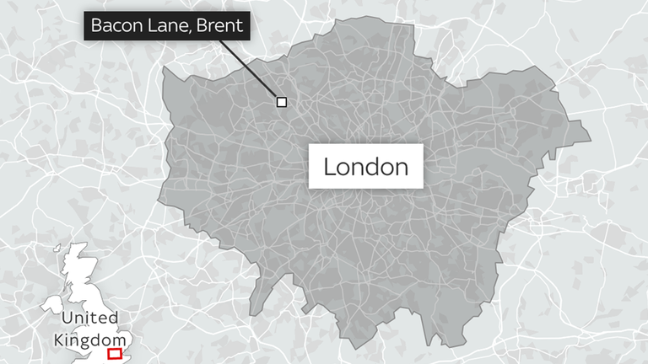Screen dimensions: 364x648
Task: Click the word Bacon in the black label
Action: point(114,25)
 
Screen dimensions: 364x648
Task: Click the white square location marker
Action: point(282,102)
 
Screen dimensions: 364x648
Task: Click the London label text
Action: point(366,167)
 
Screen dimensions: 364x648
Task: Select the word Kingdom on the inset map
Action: point(89,340)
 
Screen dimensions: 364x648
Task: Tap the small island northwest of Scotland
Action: point(59,249)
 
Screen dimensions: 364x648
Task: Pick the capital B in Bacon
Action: point(96,25)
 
